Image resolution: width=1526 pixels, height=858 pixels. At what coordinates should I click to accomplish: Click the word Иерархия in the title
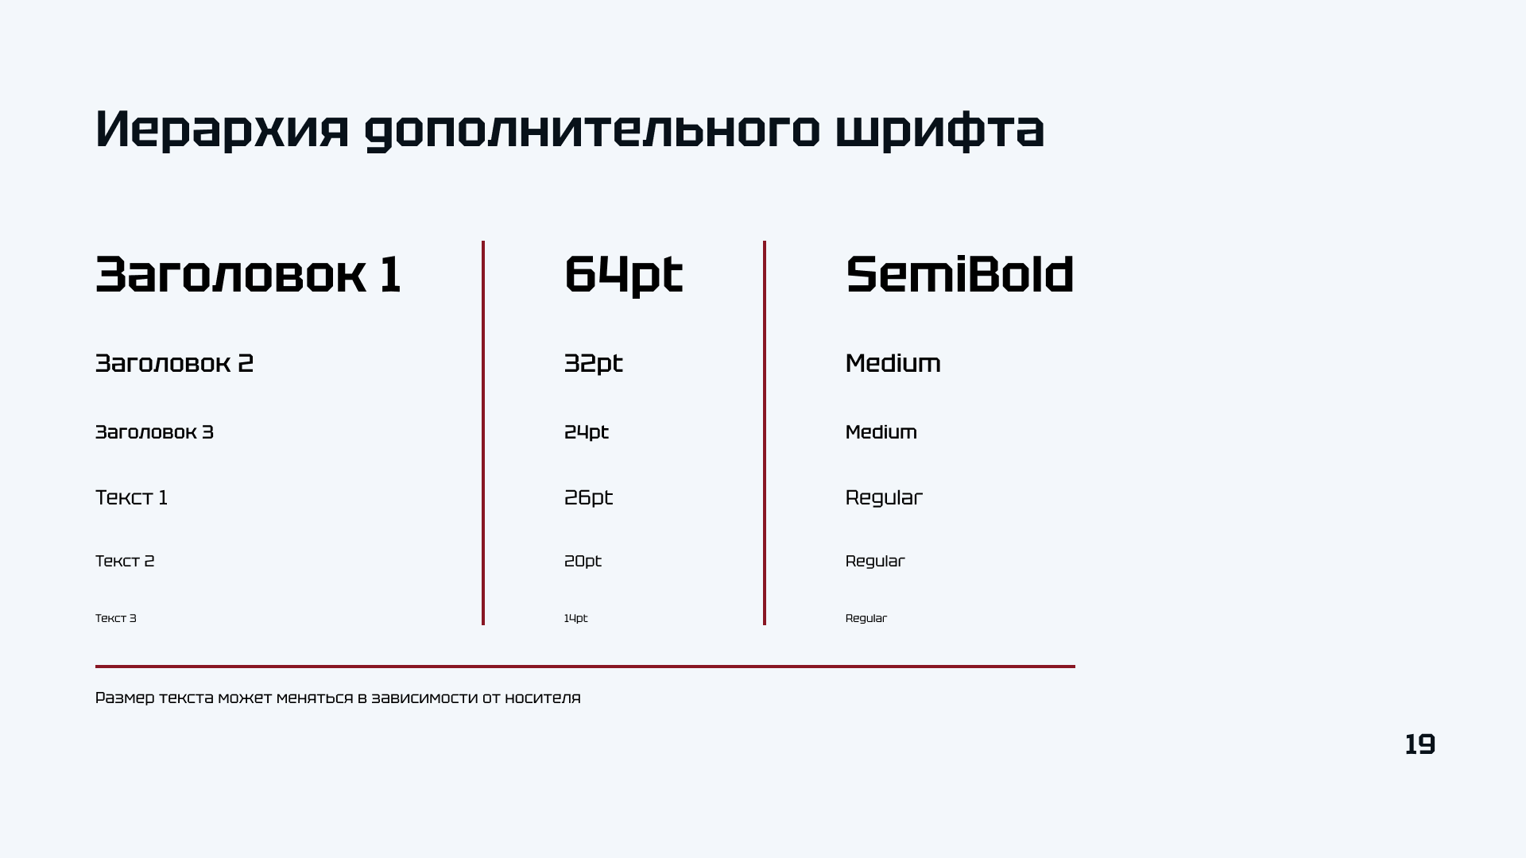tap(222, 129)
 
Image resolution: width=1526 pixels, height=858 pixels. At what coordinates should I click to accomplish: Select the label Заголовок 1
tap(248, 275)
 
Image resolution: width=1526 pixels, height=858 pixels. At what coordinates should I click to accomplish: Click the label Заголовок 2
tap(174, 363)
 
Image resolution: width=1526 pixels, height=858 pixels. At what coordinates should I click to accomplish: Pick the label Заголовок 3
tap(154, 432)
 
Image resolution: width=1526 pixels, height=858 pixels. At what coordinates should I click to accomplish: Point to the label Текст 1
tap(131, 497)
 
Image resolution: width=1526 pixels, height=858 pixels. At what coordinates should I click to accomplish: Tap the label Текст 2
tap(125, 561)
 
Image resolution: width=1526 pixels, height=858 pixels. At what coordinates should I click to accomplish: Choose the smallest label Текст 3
tap(116, 618)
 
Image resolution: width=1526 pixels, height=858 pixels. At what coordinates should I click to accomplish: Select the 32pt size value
tap(593, 364)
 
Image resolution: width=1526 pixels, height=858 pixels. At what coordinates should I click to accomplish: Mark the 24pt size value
tap(586, 433)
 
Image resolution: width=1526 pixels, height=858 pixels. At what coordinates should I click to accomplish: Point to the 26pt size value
tap(588, 498)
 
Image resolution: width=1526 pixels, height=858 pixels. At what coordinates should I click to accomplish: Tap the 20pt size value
tap(583, 562)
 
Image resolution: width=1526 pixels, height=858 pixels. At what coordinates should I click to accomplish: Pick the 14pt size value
tap(575, 618)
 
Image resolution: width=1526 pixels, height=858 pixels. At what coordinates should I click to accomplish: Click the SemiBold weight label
tap(959, 275)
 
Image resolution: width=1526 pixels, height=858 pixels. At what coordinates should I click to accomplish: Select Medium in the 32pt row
tap(893, 363)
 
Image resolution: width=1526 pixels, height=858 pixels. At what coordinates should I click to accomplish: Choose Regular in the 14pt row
tap(866, 618)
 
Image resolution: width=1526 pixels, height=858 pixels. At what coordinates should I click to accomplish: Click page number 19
tap(1419, 744)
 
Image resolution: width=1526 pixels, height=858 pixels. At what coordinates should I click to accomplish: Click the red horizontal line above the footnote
tap(585, 667)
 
